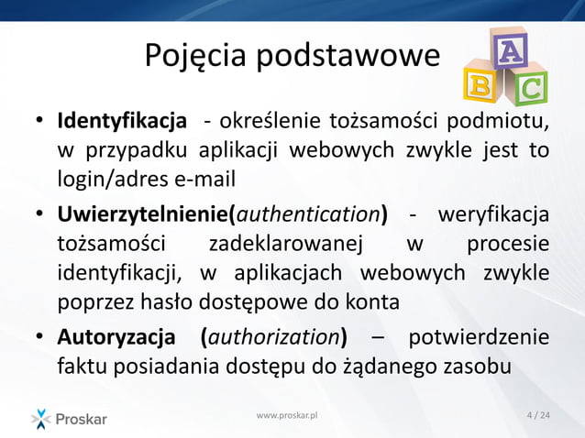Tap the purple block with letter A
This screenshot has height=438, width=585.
click(509, 48)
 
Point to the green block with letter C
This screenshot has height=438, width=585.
click(529, 88)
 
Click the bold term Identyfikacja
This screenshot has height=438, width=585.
click(123, 122)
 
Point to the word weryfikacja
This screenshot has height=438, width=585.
click(495, 215)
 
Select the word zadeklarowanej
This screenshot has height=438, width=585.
click(286, 245)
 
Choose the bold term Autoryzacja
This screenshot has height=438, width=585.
click(116, 337)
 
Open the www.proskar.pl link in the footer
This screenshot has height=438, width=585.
click(287, 417)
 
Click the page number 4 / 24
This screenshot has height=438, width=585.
click(539, 417)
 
